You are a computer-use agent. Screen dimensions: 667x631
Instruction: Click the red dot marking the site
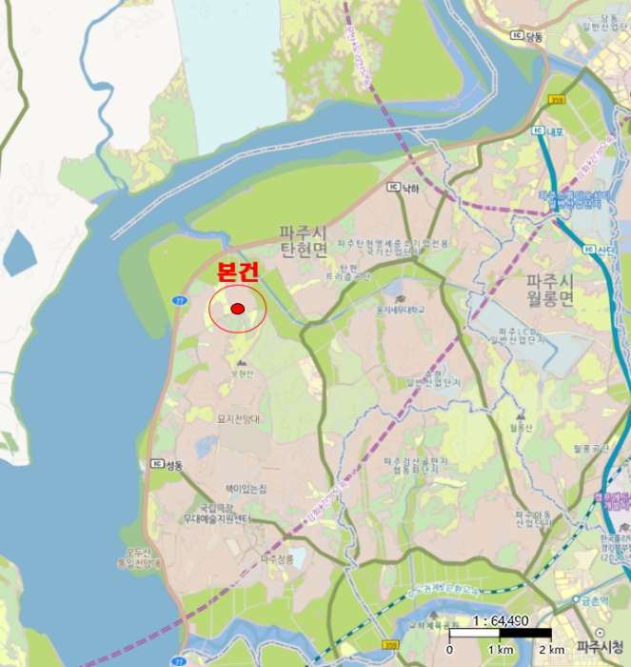click(237, 309)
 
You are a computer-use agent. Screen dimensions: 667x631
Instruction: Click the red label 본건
click(238, 273)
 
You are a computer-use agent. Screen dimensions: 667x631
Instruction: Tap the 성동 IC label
click(168, 465)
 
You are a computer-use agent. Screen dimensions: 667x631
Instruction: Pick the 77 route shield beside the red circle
click(179, 300)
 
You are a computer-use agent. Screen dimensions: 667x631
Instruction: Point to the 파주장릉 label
click(279, 559)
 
